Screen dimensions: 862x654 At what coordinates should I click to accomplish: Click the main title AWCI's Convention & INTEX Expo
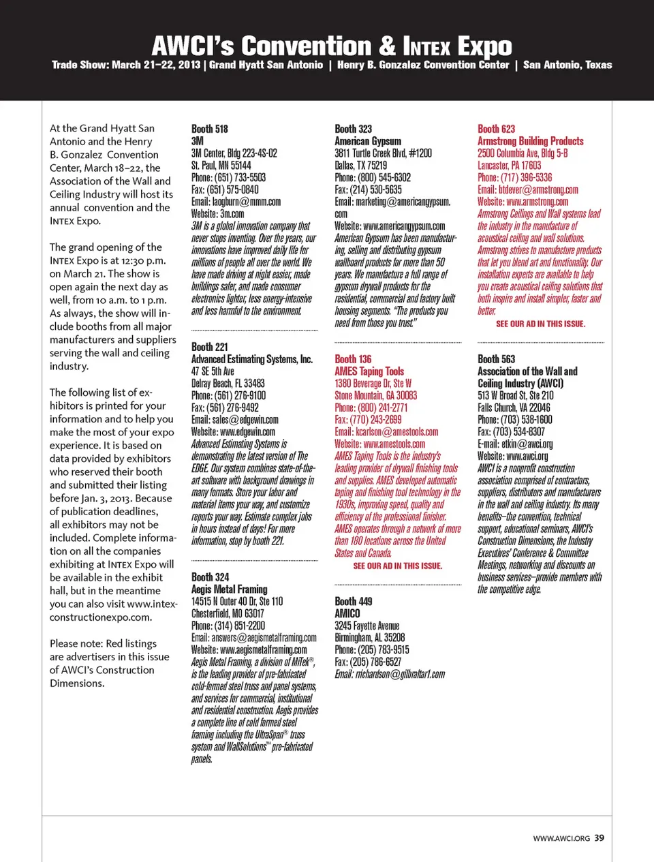[x=332, y=46]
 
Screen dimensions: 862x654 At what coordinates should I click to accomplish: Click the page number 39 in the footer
[x=599, y=838]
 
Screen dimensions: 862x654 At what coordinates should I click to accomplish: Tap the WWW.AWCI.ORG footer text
[x=561, y=838]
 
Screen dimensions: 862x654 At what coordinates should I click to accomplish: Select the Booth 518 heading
[x=210, y=129]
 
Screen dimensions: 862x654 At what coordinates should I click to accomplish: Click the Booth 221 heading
[x=210, y=347]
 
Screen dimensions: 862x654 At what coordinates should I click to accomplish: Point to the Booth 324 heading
[x=210, y=577]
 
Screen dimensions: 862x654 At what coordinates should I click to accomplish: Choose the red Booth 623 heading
[x=497, y=129]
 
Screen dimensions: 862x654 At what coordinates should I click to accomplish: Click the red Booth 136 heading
[x=353, y=359]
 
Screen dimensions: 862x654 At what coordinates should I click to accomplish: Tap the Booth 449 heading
[x=353, y=602]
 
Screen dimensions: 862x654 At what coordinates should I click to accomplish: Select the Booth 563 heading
[x=497, y=359]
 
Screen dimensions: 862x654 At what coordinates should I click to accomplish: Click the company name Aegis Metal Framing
[x=230, y=589]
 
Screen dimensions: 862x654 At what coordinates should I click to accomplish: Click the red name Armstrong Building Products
[x=531, y=141]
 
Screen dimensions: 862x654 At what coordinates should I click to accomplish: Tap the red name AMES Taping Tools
[x=369, y=371]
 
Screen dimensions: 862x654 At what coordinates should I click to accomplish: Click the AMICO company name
[x=347, y=614]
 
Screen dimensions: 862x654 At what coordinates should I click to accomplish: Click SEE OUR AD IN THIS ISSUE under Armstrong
[x=540, y=324]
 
